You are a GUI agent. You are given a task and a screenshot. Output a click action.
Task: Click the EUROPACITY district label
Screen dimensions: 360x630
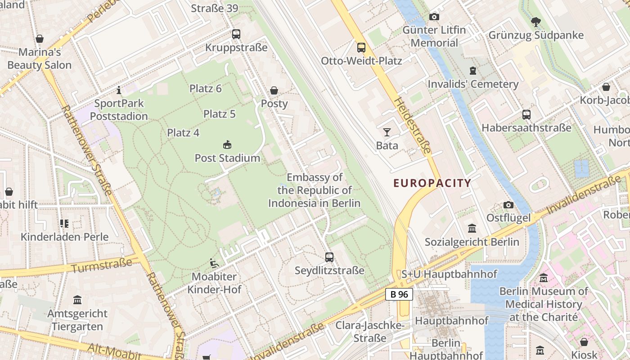(x=432, y=183)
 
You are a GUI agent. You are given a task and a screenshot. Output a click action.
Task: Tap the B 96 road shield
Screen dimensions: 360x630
(x=399, y=294)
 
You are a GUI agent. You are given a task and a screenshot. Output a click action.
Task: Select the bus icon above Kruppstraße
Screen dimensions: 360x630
(x=236, y=34)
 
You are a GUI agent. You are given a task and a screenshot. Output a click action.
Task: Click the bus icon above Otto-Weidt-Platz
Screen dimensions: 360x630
(x=361, y=47)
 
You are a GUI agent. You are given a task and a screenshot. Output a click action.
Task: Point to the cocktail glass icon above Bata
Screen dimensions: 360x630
(x=387, y=132)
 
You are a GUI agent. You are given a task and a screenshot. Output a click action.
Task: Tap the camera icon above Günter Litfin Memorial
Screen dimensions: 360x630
(x=434, y=17)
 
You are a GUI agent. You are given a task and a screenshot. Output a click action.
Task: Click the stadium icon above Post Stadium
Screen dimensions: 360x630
(x=227, y=145)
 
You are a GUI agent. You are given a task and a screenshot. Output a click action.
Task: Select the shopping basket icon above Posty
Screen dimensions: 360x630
(x=274, y=90)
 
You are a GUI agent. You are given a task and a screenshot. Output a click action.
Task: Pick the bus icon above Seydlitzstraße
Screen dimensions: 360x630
(x=329, y=257)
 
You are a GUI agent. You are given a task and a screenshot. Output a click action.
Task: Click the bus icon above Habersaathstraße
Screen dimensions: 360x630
(x=526, y=115)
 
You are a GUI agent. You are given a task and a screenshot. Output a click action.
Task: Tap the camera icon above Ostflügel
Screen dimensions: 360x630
(x=508, y=205)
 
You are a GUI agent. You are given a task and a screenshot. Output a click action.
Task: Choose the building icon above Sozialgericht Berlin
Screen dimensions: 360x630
(x=472, y=229)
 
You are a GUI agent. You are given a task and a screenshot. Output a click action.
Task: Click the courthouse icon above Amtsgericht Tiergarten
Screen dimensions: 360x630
(x=77, y=300)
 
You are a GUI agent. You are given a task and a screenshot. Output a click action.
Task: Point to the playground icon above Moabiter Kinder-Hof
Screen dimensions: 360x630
(x=214, y=263)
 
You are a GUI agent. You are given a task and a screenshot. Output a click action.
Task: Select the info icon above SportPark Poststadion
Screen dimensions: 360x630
(x=119, y=90)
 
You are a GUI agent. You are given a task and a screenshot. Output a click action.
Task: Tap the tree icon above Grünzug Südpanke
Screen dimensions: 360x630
(x=535, y=22)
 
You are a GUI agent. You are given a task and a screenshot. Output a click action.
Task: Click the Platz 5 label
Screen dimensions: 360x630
(x=220, y=114)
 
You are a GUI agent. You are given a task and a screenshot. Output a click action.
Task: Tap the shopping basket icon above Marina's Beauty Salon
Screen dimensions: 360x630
(x=40, y=39)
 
